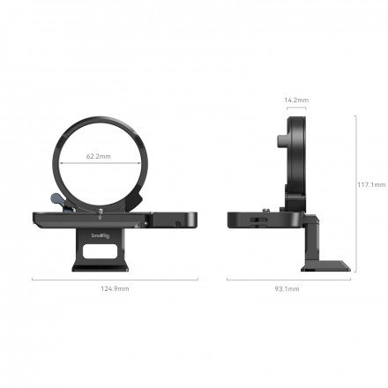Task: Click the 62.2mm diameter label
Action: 99,157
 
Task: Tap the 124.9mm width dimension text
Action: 116,288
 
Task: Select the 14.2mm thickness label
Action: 296,100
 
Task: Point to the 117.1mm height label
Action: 371,184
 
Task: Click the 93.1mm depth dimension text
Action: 287,288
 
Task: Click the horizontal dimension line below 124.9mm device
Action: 116,280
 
